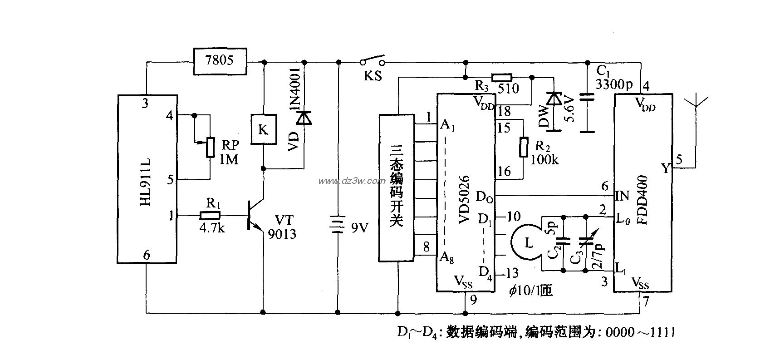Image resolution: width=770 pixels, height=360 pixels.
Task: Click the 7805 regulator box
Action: [220, 61]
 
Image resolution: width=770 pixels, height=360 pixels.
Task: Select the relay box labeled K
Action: [263, 129]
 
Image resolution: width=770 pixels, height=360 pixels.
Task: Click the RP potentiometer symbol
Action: [210, 146]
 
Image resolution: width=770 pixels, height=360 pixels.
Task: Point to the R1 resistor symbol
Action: [211, 215]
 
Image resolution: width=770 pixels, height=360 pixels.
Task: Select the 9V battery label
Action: [361, 227]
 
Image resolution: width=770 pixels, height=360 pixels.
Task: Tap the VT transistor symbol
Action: [254, 216]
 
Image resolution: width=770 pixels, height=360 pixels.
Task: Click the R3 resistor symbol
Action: [502, 77]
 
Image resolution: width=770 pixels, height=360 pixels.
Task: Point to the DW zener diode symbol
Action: [554, 99]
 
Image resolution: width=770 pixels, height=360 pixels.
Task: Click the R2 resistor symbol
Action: [524, 147]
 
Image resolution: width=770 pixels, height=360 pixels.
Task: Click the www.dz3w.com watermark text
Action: [352, 181]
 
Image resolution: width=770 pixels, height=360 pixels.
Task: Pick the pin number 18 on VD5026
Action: [504, 112]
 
